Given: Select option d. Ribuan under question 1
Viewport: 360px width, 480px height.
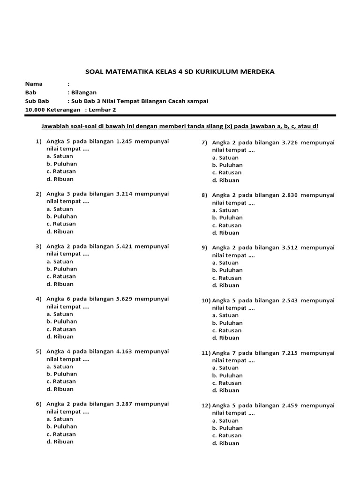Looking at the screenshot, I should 60,179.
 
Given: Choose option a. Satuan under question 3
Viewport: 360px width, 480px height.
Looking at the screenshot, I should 60,262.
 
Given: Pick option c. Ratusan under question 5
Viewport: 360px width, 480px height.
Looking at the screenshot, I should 61,382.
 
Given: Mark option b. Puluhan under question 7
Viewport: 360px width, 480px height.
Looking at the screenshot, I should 227,165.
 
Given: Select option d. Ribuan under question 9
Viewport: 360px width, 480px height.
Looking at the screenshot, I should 225,285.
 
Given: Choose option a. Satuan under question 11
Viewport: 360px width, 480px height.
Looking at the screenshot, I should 225,368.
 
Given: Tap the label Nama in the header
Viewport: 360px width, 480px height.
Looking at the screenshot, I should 34,84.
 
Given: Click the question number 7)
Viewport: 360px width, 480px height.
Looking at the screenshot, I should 204,142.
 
